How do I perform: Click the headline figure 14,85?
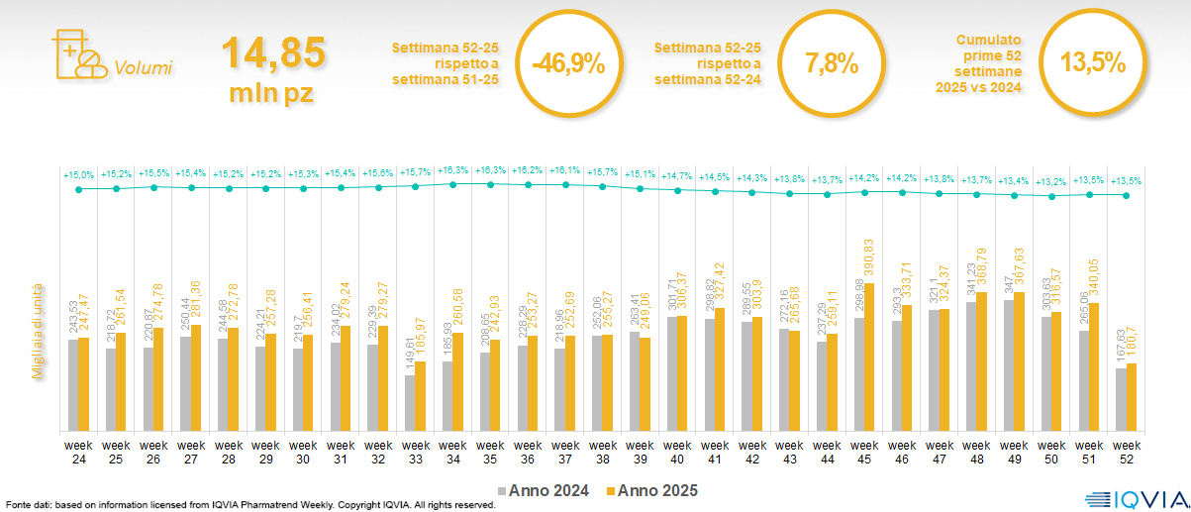point(273,51)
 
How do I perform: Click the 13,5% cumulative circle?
point(1093,63)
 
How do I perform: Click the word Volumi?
point(144,68)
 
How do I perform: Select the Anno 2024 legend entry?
point(546,490)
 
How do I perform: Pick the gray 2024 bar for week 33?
point(410,403)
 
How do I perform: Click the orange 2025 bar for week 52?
point(1132,397)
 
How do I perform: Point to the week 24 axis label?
point(78,452)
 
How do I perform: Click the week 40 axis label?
point(677,452)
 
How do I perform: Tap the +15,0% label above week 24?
point(78,175)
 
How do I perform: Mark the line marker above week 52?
point(1127,195)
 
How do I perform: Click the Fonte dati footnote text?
point(249,505)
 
